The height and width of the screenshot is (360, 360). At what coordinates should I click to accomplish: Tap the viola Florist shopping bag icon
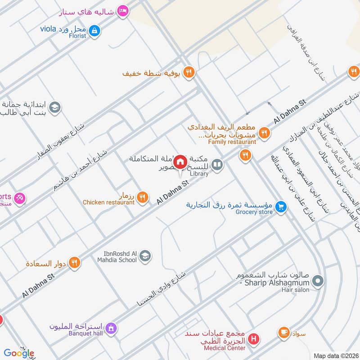pos(94,31)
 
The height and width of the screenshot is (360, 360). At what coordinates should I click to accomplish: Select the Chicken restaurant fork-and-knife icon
pos(143,197)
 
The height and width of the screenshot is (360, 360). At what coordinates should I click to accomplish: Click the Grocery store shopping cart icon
pos(281,207)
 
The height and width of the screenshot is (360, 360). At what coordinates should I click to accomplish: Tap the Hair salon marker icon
pos(318,282)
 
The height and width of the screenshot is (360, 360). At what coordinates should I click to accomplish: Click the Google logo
pos(19,353)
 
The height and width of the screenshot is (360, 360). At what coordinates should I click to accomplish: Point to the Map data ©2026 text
pos(336,355)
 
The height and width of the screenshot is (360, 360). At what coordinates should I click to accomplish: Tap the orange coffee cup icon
pos(283,333)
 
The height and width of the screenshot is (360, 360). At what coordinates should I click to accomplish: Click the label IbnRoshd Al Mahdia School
pos(117,256)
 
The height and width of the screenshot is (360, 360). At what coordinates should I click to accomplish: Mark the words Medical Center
pos(225,348)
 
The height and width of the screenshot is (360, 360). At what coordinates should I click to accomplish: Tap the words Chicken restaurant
pos(108,202)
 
